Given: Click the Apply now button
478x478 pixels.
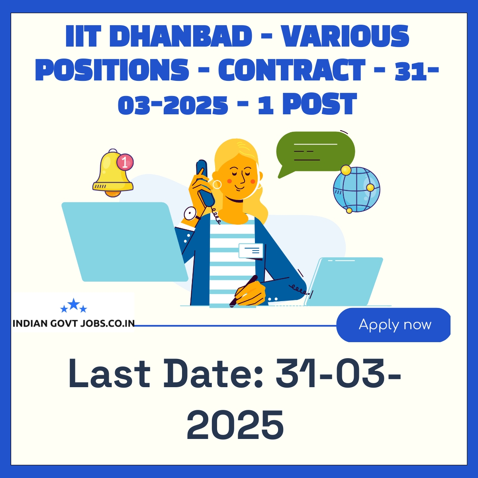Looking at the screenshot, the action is (393, 325).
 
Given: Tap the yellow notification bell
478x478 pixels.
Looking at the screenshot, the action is (112, 173).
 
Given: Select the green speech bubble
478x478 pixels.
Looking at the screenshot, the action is (315, 152).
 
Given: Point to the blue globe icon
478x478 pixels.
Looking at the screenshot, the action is (357, 190).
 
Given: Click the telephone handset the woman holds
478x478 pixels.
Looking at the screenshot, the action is (205, 183).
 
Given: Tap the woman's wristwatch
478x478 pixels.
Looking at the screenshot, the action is (191, 214).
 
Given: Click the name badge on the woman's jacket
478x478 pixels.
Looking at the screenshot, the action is (251, 251).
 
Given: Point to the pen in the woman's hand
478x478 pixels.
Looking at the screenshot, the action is (243, 291).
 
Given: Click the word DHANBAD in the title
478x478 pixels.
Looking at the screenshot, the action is (184, 36).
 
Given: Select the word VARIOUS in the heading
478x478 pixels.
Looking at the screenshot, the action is (346, 36).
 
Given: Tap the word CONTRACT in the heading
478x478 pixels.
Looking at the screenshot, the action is (292, 70).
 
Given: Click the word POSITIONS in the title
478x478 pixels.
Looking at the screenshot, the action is (112, 70).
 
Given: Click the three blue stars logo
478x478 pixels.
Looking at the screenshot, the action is (74, 306).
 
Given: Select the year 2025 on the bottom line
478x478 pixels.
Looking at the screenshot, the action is (235, 424).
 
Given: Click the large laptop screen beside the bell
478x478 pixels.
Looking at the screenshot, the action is (125, 242).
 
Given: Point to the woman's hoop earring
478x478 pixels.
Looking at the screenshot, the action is (217, 184).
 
